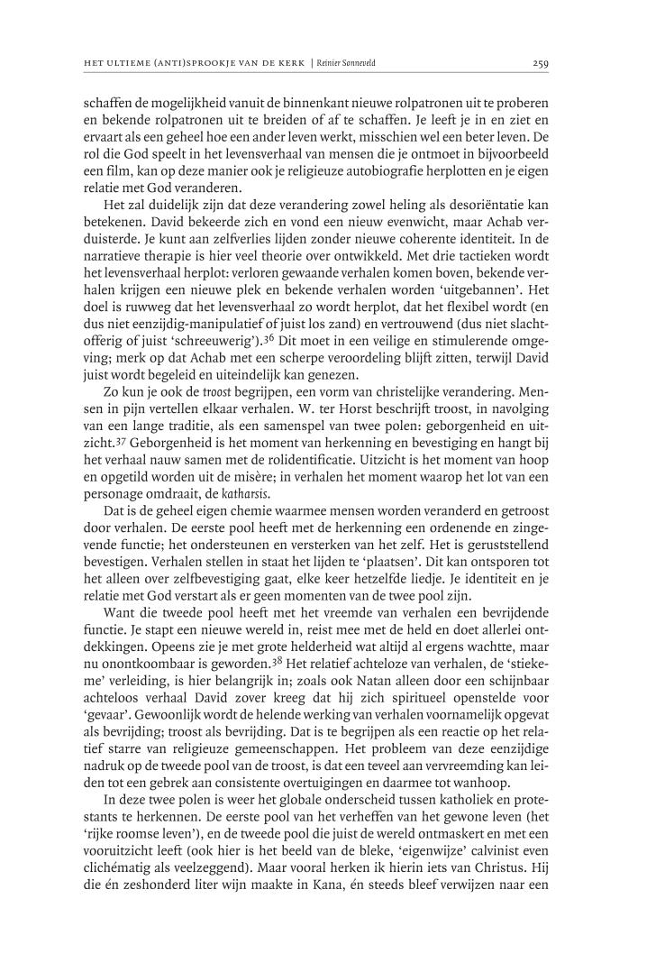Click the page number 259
click(541, 63)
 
